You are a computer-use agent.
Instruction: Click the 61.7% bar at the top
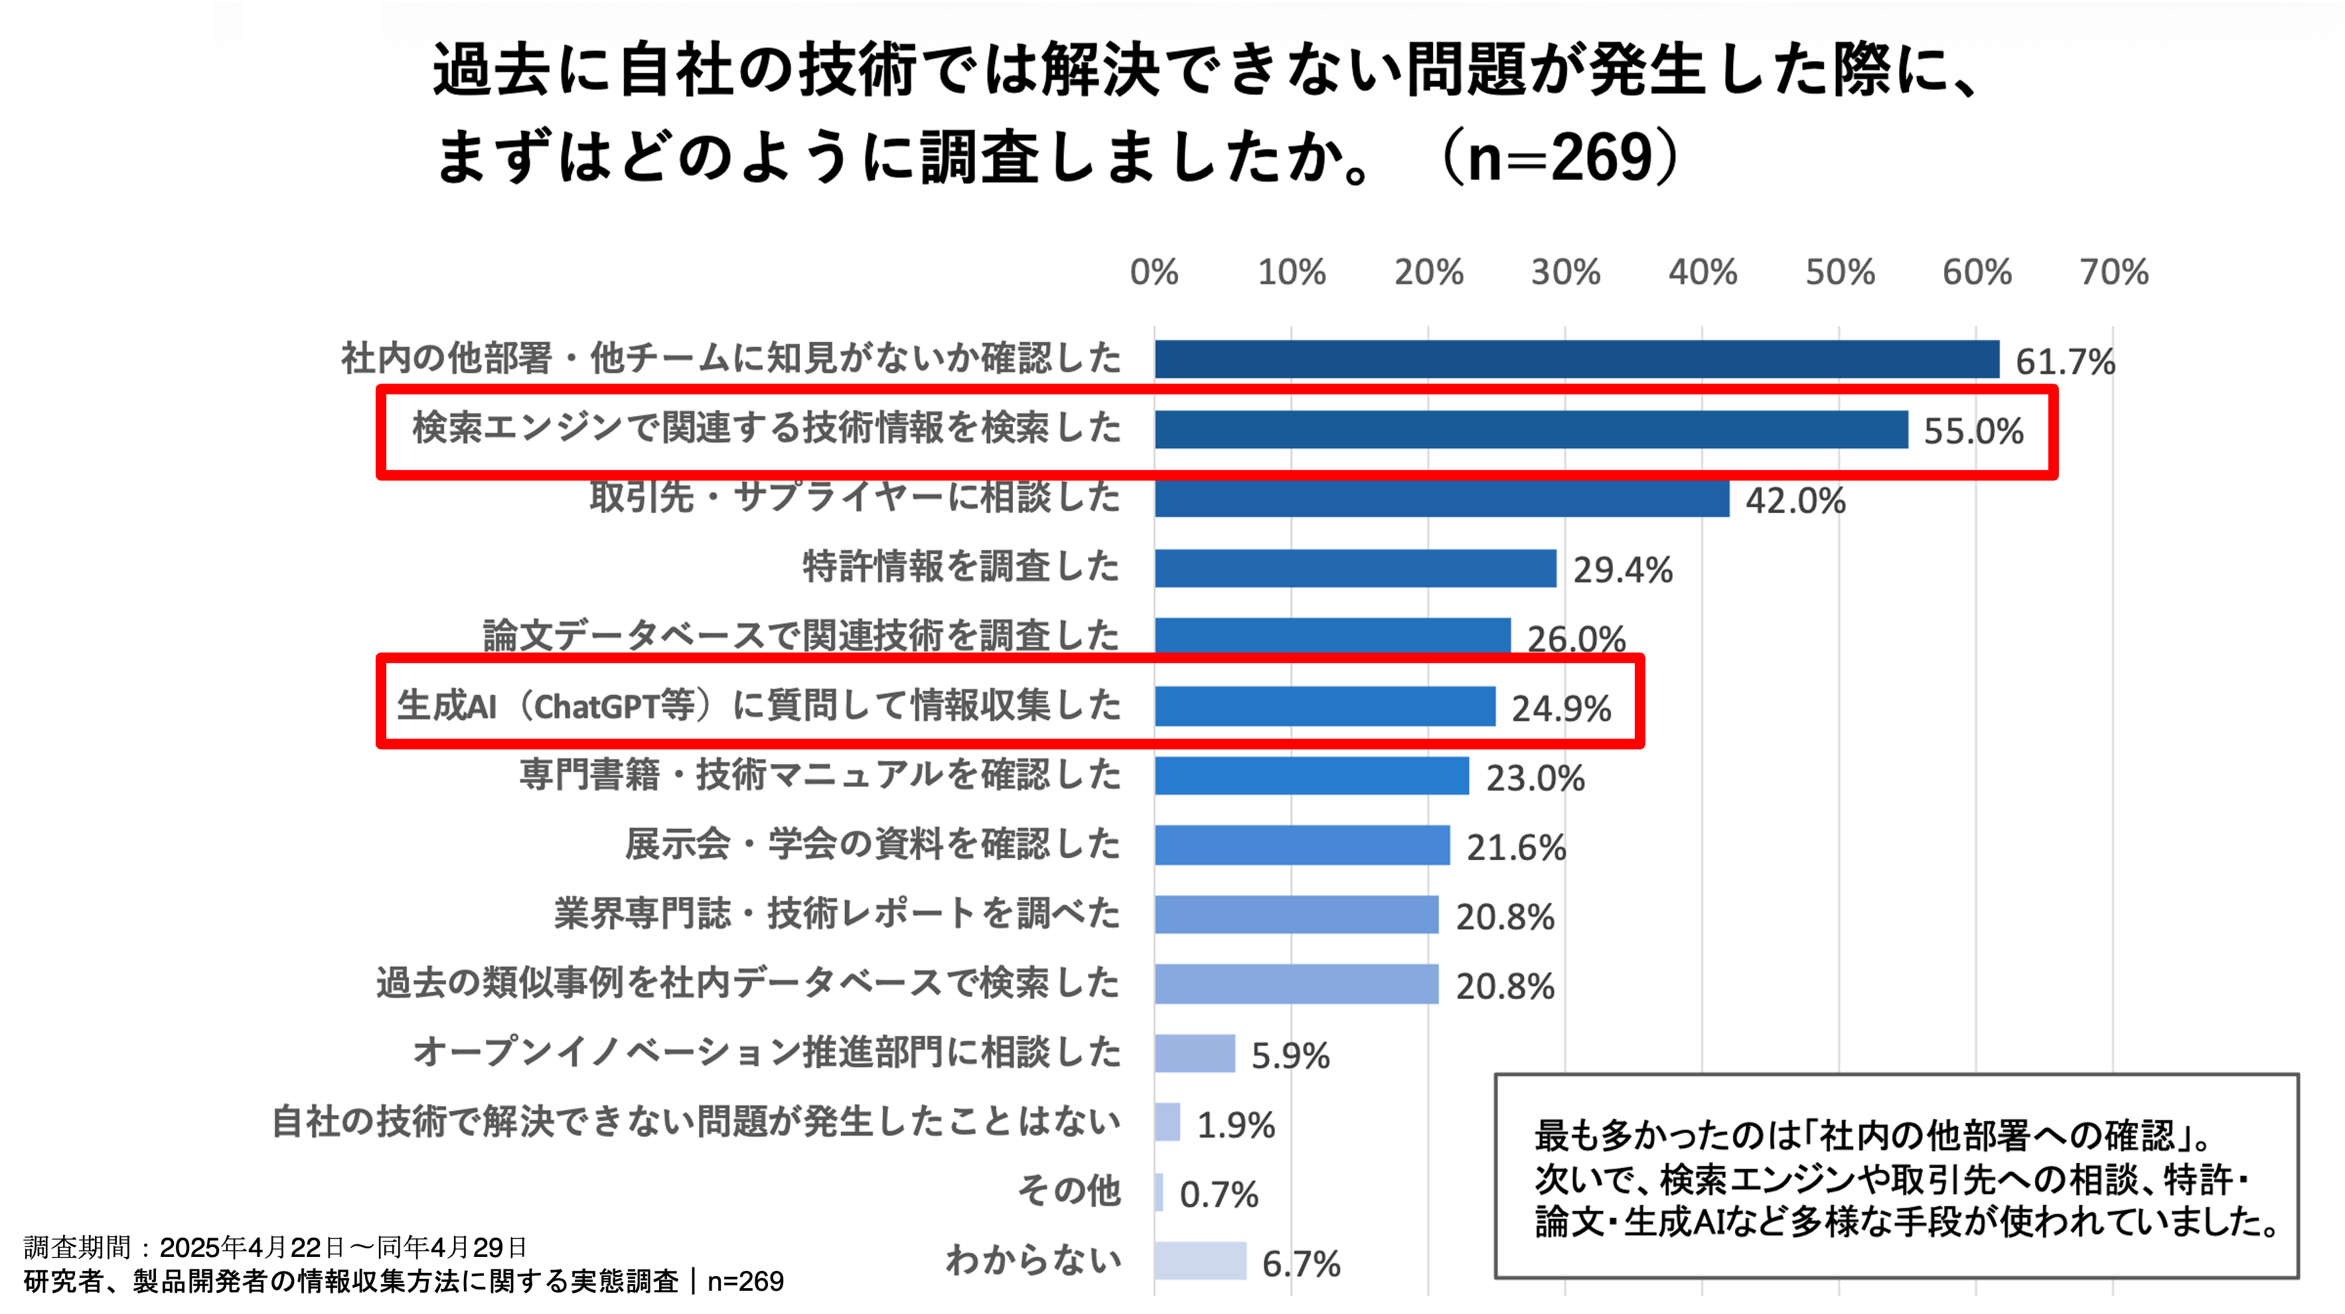(1576, 360)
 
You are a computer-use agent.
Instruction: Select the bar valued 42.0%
(1442, 498)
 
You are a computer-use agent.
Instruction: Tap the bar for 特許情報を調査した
(1355, 569)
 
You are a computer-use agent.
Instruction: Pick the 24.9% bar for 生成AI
(1325, 706)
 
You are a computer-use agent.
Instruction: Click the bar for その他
(1159, 1192)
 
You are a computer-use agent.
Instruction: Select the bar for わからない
(1200, 1261)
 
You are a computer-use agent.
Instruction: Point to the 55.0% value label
(1973, 431)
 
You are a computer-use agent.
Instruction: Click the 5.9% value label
(1290, 1056)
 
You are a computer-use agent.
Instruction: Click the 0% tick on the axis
(1154, 272)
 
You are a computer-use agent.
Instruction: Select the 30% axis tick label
(1565, 272)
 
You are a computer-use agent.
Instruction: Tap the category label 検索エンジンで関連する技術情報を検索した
(767, 427)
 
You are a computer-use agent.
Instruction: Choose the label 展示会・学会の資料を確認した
(872, 844)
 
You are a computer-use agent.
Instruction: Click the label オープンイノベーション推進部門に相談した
(767, 1053)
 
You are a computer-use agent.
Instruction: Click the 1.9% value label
(1235, 1126)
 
